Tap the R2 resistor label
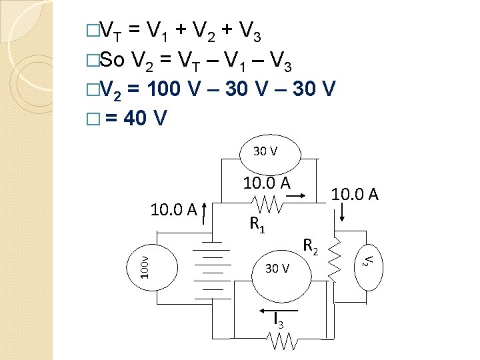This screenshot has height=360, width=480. tap(309, 246)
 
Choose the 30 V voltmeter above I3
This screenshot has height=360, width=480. tap(277, 269)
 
